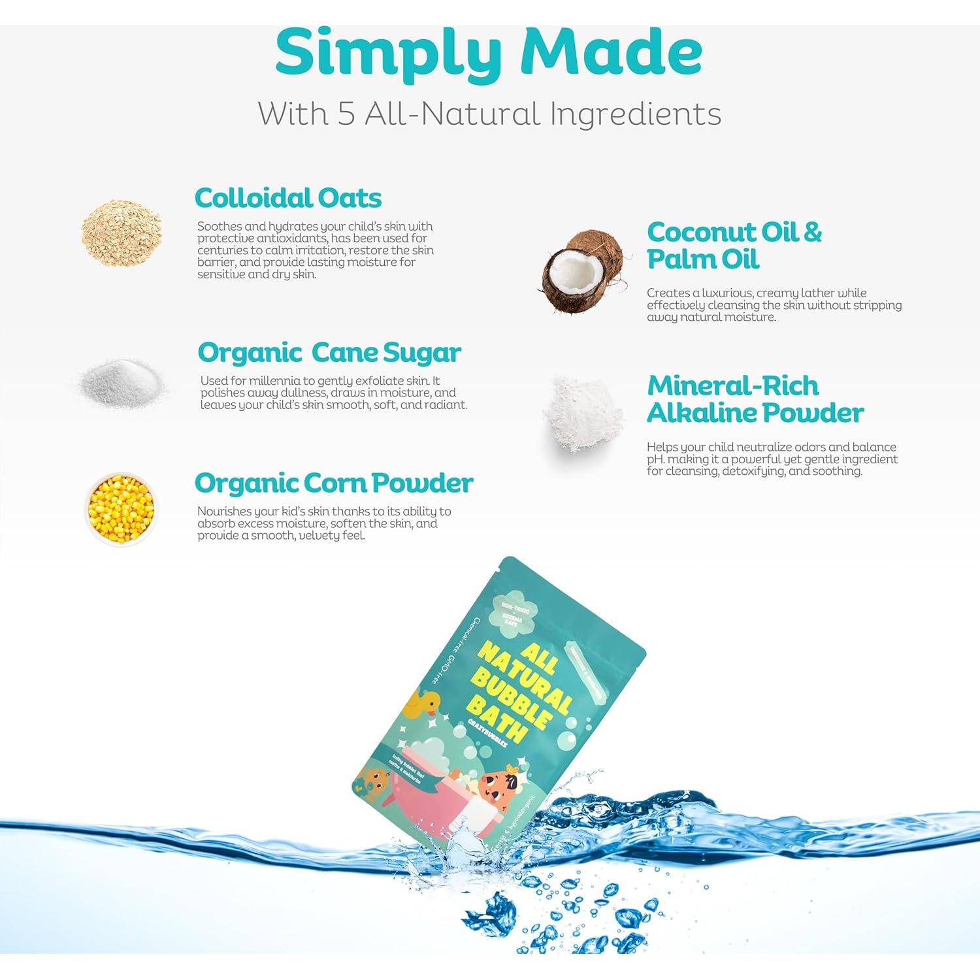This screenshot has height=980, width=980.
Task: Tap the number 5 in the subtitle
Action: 346,114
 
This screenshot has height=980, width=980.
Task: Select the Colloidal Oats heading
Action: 288,198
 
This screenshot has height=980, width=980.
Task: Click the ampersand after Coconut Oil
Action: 812,232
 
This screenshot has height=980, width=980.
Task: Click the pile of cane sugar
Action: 122,382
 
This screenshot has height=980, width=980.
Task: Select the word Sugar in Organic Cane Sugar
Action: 422,353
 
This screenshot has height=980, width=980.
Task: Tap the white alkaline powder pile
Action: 581,413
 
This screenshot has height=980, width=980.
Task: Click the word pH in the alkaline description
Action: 655,459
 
